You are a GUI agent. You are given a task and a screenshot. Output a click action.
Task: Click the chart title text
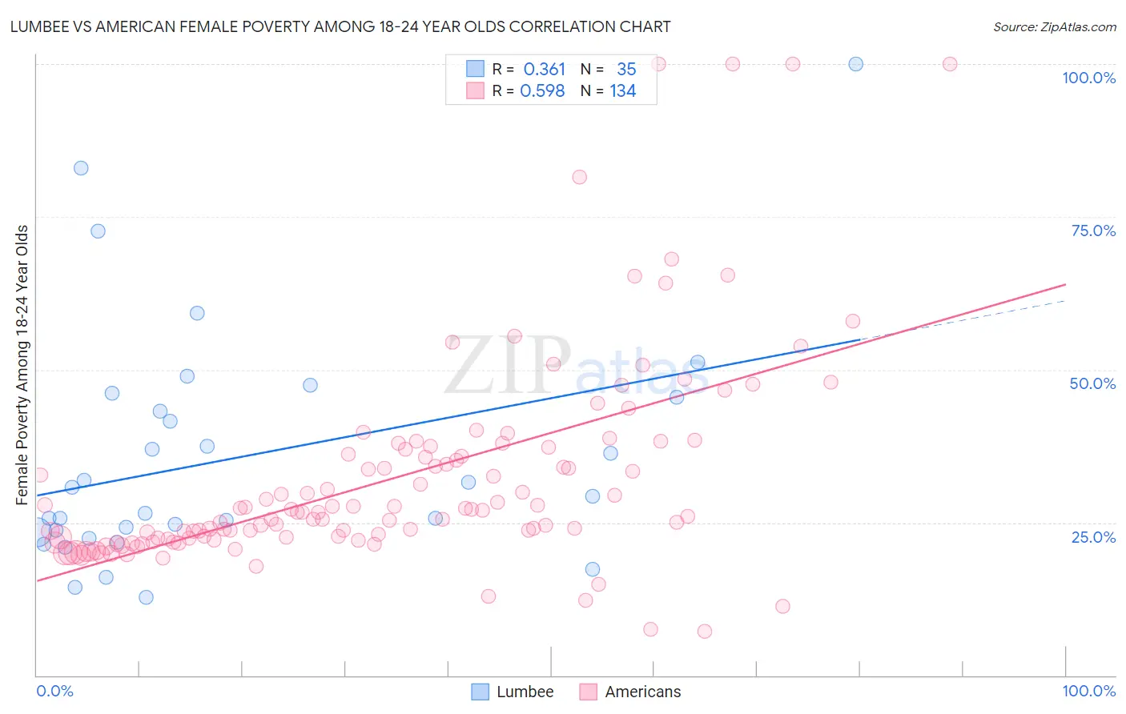click(340, 26)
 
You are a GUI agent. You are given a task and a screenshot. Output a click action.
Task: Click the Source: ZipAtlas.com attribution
click(1054, 26)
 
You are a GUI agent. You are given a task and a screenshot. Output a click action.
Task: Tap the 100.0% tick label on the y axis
click(1088, 78)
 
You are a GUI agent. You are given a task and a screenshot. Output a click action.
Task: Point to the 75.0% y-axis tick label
click(1093, 231)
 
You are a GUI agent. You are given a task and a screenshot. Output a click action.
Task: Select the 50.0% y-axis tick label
click(1092, 383)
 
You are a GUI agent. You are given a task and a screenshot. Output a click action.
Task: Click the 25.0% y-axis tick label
click(1093, 536)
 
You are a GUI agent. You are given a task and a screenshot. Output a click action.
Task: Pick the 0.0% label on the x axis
click(54, 691)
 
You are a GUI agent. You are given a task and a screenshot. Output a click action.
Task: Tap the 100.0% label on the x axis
click(1088, 691)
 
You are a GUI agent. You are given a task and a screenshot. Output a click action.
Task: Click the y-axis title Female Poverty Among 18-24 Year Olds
click(22, 365)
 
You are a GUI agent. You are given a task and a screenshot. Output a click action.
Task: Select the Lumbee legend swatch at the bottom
click(480, 692)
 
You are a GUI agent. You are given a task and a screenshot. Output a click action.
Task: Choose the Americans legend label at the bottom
click(642, 692)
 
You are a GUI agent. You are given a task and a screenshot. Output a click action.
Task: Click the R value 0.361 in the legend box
click(544, 70)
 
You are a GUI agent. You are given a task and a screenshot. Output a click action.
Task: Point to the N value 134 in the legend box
click(622, 91)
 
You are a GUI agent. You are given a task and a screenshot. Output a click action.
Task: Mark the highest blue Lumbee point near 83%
click(81, 168)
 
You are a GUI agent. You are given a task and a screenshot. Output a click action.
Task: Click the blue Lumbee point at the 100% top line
click(855, 64)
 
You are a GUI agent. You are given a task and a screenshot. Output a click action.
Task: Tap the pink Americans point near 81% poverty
click(579, 177)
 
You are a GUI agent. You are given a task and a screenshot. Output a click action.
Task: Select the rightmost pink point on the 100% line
click(950, 64)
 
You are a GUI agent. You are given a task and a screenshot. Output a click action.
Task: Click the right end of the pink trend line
click(1065, 284)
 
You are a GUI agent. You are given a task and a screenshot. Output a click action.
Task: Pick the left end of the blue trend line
click(37, 495)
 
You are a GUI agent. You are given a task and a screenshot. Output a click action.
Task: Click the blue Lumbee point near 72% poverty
click(98, 231)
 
